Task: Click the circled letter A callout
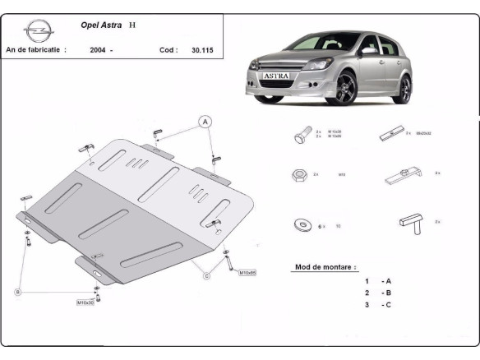tap(205, 122)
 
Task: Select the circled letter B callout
tap(16, 292)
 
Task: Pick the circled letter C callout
tap(206, 275)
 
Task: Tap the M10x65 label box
tap(247, 273)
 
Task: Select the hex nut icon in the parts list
tap(299, 174)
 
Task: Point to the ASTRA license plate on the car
tap(276, 75)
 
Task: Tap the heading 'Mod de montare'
tap(325, 268)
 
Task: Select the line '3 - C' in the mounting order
tap(377, 305)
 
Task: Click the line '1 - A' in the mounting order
tap(377, 281)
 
